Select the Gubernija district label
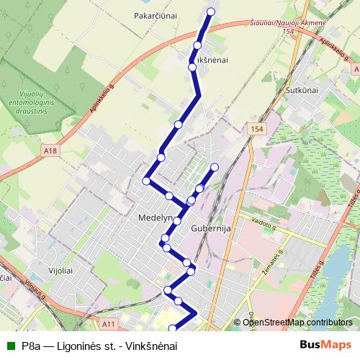click(x=210, y=229)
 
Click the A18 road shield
click(x=49, y=150)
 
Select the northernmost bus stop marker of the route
click(x=211, y=12)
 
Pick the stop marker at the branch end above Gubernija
click(x=214, y=168)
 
